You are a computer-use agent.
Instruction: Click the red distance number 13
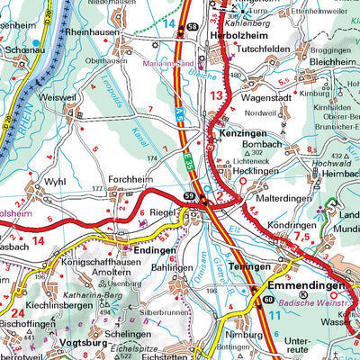214,94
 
